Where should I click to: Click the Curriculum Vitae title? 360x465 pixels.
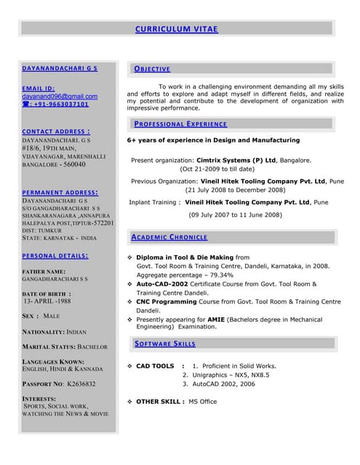tap(176, 29)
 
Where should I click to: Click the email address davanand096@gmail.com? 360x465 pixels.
tap(60, 96)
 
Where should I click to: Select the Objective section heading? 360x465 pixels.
tap(152, 69)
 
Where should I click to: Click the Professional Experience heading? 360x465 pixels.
tap(180, 124)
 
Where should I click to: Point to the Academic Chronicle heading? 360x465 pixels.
tap(170, 237)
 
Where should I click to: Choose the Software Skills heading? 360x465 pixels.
tap(165, 344)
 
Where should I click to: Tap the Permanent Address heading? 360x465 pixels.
tap(60, 193)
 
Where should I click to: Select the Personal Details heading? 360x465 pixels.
tap(55, 256)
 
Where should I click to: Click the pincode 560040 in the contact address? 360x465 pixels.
tap(75, 165)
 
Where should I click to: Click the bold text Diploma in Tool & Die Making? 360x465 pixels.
tap(185, 257)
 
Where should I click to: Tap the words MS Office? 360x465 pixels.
tap(203, 401)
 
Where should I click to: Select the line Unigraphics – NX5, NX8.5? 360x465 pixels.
tap(225, 375)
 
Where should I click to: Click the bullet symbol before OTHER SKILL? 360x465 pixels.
tap(129, 401)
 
